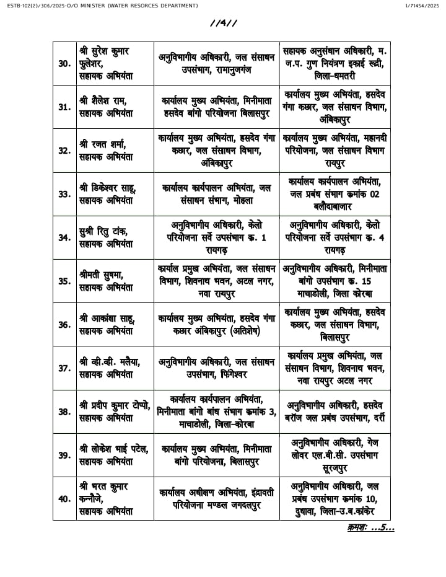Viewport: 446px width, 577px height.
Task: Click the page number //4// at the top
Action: tap(223, 24)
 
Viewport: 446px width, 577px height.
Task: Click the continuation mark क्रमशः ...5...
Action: tap(370, 527)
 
